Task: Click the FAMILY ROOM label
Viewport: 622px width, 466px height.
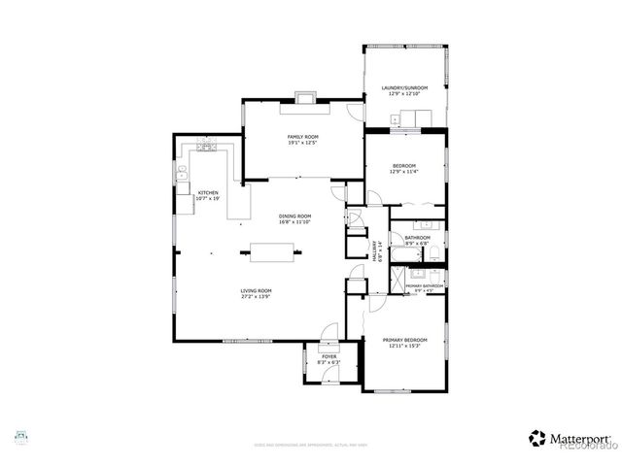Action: tap(302, 137)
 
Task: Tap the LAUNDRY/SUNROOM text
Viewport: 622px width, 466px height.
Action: tap(404, 88)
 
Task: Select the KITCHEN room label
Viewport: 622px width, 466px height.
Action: tap(208, 192)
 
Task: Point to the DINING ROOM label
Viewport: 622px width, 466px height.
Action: tap(294, 216)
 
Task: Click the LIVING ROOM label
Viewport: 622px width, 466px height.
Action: tap(257, 290)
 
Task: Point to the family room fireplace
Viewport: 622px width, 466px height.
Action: tap(306, 96)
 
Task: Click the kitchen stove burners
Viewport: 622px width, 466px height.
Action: tap(205, 147)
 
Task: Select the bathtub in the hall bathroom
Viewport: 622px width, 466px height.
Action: tap(407, 256)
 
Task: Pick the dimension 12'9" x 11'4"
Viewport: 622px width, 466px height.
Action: tap(404, 172)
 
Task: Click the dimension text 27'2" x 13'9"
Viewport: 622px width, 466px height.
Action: tap(257, 296)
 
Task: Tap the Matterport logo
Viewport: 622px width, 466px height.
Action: tap(570, 439)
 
